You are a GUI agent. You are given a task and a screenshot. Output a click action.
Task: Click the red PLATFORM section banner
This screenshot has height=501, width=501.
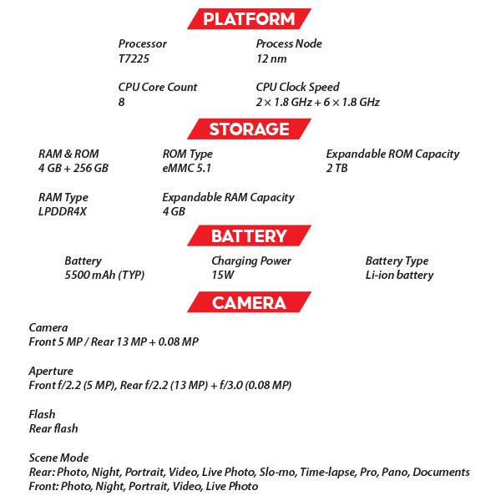click(x=249, y=19)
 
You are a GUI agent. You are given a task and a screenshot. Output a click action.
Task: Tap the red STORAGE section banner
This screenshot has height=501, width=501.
click(x=249, y=129)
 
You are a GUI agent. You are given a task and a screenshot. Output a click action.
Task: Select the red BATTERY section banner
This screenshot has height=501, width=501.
click(x=249, y=236)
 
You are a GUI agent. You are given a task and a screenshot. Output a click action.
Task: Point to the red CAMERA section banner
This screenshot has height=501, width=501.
click(x=249, y=302)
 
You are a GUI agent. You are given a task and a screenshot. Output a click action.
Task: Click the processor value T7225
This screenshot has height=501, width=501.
click(x=134, y=59)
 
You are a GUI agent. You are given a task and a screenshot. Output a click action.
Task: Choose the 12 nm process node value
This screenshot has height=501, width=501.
click(x=271, y=59)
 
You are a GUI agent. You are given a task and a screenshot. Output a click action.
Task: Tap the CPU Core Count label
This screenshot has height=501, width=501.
click(x=158, y=87)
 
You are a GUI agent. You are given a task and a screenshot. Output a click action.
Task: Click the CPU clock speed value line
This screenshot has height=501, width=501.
click(x=317, y=102)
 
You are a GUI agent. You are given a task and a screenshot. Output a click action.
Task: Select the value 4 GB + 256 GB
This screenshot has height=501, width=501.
click(x=73, y=169)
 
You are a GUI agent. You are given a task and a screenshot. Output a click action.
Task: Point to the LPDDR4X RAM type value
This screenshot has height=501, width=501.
click(x=62, y=212)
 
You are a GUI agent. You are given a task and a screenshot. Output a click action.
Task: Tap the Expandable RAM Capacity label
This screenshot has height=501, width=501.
click(x=228, y=197)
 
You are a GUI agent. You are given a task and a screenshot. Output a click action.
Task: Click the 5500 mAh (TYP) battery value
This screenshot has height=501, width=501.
click(x=104, y=276)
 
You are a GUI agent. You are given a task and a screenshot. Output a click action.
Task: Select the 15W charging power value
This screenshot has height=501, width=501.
click(x=223, y=276)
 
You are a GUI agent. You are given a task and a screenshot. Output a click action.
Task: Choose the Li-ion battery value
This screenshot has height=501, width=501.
click(x=399, y=276)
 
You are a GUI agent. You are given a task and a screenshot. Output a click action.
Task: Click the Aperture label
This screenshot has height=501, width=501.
click(x=51, y=371)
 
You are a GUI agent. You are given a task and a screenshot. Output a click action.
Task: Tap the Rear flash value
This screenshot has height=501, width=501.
click(x=54, y=428)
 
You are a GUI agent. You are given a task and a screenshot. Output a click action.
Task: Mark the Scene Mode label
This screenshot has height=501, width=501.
click(x=58, y=458)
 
